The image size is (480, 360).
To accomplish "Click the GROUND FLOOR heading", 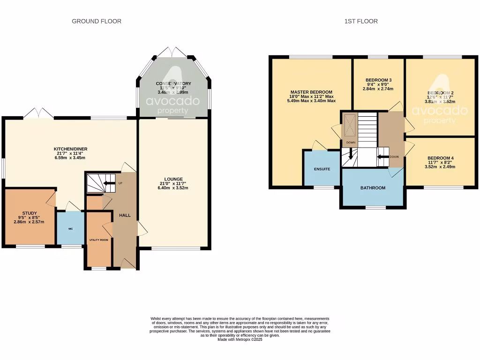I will [x=97, y=21].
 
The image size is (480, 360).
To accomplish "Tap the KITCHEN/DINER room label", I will [x=70, y=149].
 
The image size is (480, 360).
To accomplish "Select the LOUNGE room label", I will [x=173, y=179].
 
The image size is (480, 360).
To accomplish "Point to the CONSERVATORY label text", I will [x=173, y=83].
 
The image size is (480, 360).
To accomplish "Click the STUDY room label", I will [x=29, y=212].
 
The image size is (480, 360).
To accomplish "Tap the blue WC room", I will [x=70, y=229].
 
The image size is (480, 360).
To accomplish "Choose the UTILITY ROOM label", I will [x=99, y=240].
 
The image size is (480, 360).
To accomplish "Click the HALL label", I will [x=124, y=216].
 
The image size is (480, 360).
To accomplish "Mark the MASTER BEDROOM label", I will [x=311, y=92].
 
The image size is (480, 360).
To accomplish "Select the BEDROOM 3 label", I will [x=378, y=80].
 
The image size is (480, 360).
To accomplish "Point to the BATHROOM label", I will [x=373, y=188].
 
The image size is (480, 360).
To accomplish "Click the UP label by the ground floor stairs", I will [x=120, y=183].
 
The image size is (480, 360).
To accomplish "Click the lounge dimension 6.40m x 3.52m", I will [x=173, y=188].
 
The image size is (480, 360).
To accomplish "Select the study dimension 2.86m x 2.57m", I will [x=29, y=222].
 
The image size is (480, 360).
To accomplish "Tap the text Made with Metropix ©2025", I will [x=240, y=340].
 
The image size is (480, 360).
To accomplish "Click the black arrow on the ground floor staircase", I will [x=109, y=183].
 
